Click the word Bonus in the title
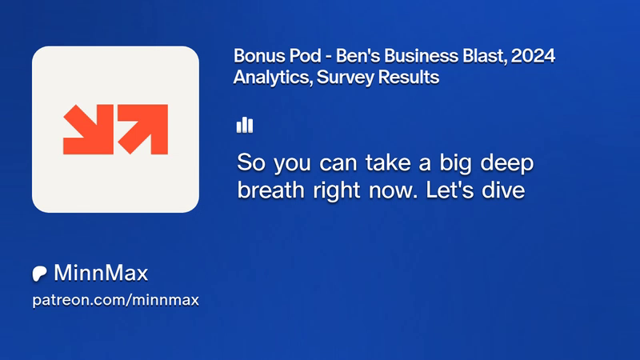click(x=257, y=56)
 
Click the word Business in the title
click(x=421, y=56)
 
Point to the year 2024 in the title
click(x=533, y=56)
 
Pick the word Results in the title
click(x=409, y=77)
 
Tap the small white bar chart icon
click(x=245, y=125)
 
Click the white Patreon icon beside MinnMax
click(x=39, y=274)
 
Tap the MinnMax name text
click(x=101, y=273)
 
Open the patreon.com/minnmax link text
click(x=115, y=300)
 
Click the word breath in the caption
click(x=270, y=190)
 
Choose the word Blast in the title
click(x=485, y=56)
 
